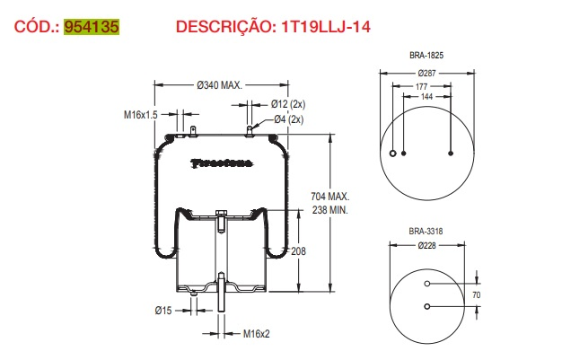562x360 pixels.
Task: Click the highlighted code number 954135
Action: [x=92, y=26]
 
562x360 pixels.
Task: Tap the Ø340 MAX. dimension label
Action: [x=219, y=85]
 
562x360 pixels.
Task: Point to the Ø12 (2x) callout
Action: [x=287, y=105]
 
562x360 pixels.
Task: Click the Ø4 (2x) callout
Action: [x=287, y=119]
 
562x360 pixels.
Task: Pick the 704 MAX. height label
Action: [x=329, y=196]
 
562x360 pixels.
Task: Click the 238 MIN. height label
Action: [x=329, y=209]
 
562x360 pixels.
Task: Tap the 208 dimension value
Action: [x=299, y=251]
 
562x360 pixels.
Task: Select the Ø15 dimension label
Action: [x=162, y=311]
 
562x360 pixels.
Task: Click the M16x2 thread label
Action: [x=258, y=333]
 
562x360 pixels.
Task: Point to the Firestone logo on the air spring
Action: [x=222, y=162]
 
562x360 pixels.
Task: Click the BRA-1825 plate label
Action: [x=426, y=56]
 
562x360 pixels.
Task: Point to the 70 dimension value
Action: [x=477, y=294]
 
